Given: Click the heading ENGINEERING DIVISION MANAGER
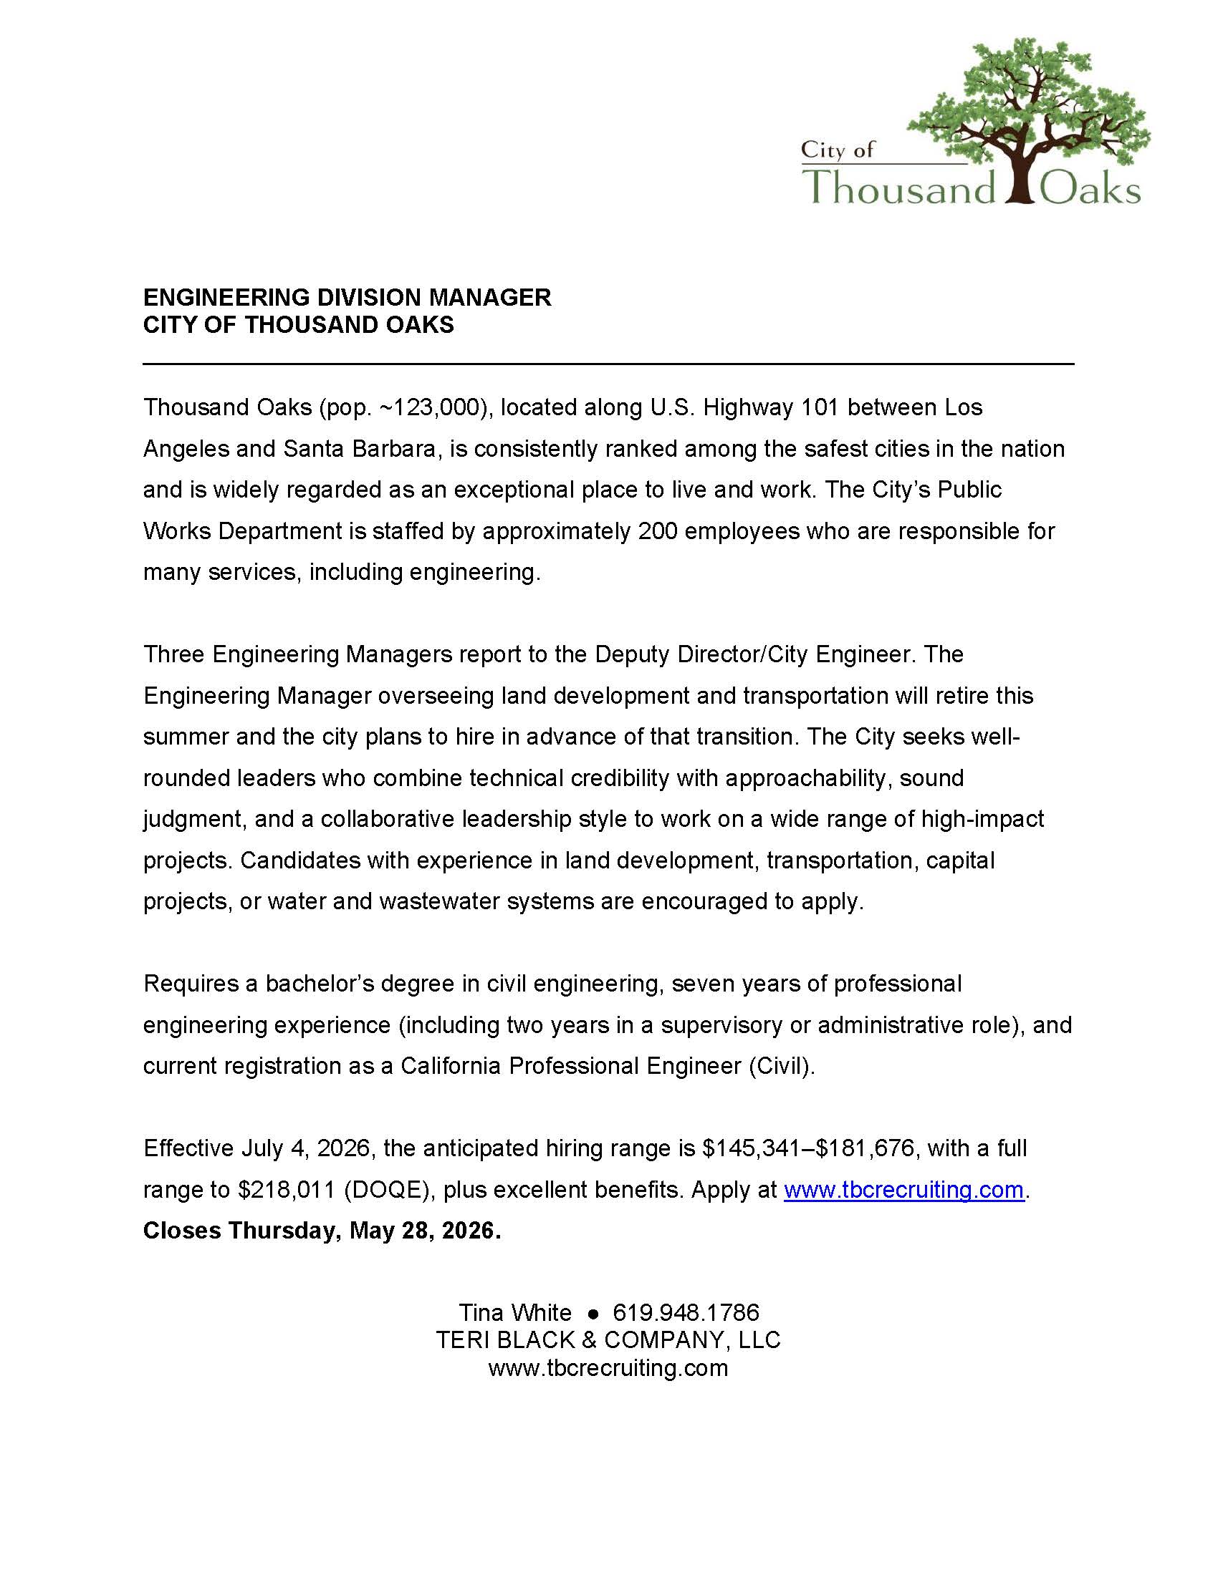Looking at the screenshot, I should click(x=347, y=297).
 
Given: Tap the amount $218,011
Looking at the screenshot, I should click(x=287, y=1189).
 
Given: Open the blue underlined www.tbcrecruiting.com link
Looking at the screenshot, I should click(x=903, y=1189).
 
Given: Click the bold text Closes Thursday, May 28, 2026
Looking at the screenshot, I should click(x=322, y=1230).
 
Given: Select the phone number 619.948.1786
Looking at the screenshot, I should click(x=686, y=1312).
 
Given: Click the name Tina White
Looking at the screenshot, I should click(x=515, y=1312).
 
